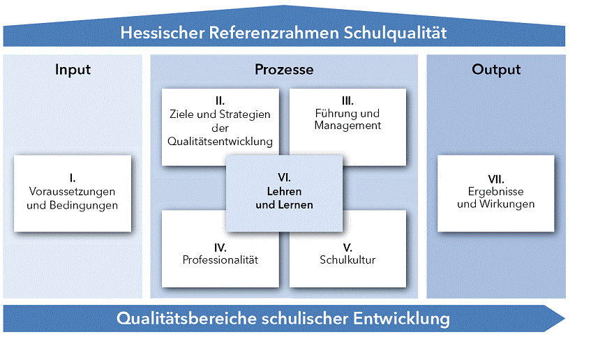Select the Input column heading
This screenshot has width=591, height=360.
[73, 70]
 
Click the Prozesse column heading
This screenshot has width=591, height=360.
[283, 70]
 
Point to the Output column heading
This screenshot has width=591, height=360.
[496, 70]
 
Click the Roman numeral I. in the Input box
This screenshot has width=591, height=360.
[73, 179]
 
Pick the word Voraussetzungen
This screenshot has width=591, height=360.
[73, 192]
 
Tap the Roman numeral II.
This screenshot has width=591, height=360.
[220, 101]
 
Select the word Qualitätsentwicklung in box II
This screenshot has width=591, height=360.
[220, 141]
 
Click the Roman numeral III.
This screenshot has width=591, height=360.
[347, 100]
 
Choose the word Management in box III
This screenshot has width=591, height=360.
[347, 126]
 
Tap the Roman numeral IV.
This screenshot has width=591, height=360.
[220, 247]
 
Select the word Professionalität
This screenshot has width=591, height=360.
[220, 260]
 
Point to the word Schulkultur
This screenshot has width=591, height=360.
[347, 260]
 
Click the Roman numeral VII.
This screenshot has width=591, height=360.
[496, 179]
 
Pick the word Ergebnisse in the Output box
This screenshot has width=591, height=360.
[496, 192]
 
